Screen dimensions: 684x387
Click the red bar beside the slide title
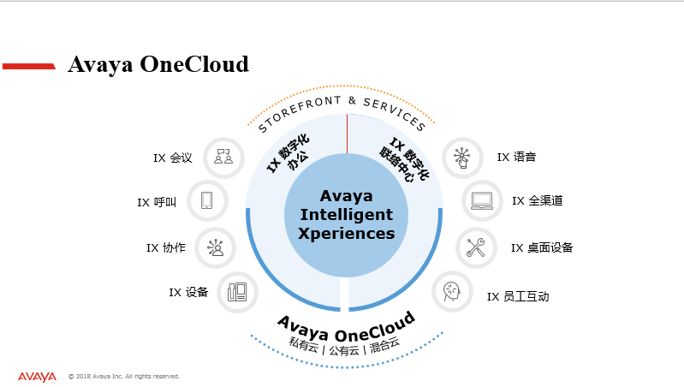pyautogui.click(x=29, y=66)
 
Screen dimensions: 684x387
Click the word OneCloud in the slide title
pyautogui.click(x=194, y=64)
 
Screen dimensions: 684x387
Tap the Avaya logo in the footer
pyautogui.click(x=37, y=377)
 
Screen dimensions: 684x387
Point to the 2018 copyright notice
pyautogui.click(x=124, y=376)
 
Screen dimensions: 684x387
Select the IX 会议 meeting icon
pyautogui.click(x=223, y=157)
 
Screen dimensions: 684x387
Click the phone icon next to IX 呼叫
pyautogui.click(x=207, y=200)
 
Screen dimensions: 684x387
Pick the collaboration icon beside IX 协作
pyautogui.click(x=215, y=247)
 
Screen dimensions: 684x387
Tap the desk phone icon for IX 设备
pyautogui.click(x=237, y=292)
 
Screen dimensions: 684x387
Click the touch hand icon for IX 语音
pyautogui.click(x=462, y=158)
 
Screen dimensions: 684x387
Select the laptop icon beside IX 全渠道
pyautogui.click(x=482, y=200)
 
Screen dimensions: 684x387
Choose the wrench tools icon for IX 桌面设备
pyautogui.click(x=476, y=247)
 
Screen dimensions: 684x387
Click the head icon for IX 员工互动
pyautogui.click(x=452, y=291)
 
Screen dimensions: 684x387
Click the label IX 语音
pyautogui.click(x=516, y=157)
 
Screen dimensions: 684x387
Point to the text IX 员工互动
pyautogui.click(x=518, y=297)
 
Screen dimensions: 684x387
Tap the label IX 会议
pyautogui.click(x=173, y=158)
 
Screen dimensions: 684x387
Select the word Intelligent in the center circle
pyautogui.click(x=347, y=215)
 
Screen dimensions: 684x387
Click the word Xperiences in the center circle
pyautogui.click(x=347, y=234)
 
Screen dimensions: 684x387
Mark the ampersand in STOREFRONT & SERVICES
pyautogui.click(x=352, y=101)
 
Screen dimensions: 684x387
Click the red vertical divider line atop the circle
pyautogui.click(x=348, y=134)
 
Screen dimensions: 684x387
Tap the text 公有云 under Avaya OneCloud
pyautogui.click(x=344, y=350)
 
